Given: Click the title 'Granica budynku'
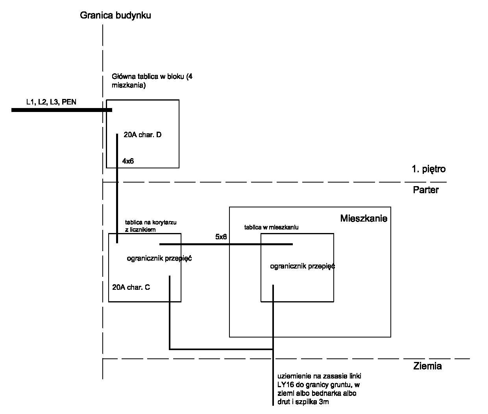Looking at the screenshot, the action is pos(115,15).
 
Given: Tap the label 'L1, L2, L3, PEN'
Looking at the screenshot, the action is pos(51,102).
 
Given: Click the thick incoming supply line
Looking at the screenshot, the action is pos(62,110).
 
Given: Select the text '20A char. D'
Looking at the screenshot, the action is pos(142,135).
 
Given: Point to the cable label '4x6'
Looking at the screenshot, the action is pos(128,161).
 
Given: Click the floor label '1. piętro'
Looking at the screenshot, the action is pos(429,169).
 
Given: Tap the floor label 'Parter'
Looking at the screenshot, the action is pos(426,190).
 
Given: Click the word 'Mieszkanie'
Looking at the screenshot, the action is pos(364,218).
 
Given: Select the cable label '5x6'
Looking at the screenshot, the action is pos(221,237).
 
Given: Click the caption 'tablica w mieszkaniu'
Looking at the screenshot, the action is pos(271,228).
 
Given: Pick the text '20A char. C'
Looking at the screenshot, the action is pos(131,287).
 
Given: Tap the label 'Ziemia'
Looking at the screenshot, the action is pos(427,366).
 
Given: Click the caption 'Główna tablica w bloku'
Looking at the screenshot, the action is pos(149,76).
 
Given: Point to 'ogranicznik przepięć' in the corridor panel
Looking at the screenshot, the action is pos(159,259).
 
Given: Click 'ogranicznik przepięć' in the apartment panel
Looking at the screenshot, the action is pos(302,267).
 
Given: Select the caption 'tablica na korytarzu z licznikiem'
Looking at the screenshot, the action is pos(151,226).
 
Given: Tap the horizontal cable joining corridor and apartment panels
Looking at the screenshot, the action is pos(226,244).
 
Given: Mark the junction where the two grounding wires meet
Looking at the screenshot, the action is pos(273,349).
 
